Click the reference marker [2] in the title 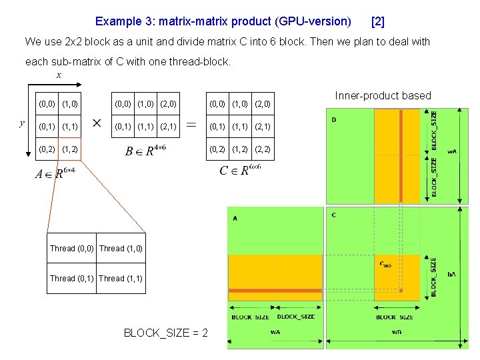pyautogui.click(x=377, y=21)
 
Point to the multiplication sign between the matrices pyautogui.click(x=97, y=125)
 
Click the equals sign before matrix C pyautogui.click(x=191, y=125)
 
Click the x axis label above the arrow pyautogui.click(x=59, y=75)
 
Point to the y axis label pyautogui.click(x=23, y=122)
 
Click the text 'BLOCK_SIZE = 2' pyautogui.click(x=166, y=333)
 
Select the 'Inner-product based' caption pyautogui.click(x=383, y=96)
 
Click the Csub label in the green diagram pyautogui.click(x=385, y=264)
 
